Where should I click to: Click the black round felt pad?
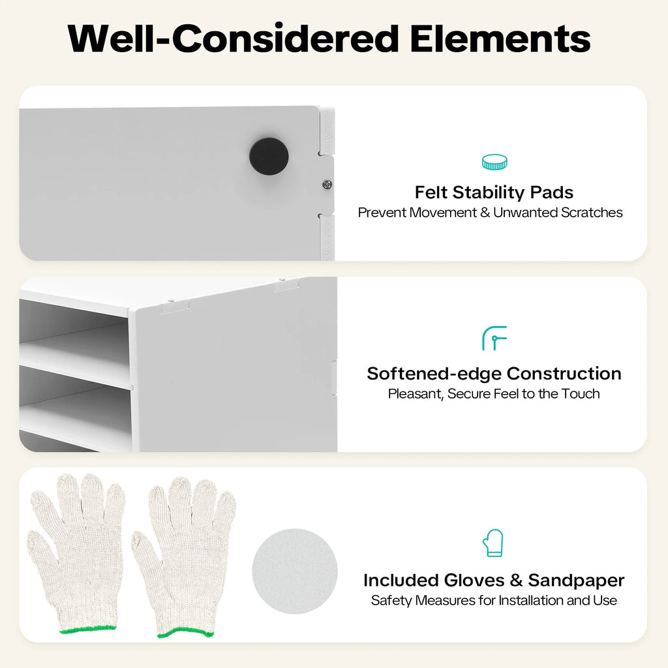[x=269, y=157]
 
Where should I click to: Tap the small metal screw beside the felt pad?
[x=327, y=185]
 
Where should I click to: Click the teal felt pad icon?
[x=494, y=162]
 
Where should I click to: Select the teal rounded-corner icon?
[x=494, y=339]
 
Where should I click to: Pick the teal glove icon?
[x=493, y=543]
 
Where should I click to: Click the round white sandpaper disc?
[x=295, y=571]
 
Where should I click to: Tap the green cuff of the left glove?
[x=88, y=629]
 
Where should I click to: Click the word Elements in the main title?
[x=500, y=38]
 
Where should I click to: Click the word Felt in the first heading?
[x=431, y=192]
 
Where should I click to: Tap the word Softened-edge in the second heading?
[x=434, y=374]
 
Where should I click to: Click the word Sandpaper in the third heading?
[x=577, y=581]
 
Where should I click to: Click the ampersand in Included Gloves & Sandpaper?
[x=516, y=580]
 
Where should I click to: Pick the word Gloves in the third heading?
[x=474, y=580]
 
